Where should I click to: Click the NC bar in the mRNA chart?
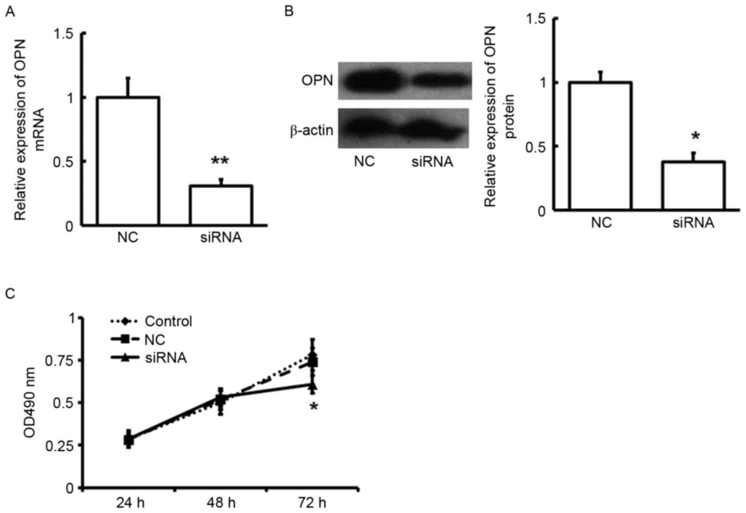tap(128, 161)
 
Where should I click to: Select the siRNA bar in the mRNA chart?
tap(221, 205)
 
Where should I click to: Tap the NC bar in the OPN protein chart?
tap(601, 146)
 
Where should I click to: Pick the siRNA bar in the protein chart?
tap(694, 185)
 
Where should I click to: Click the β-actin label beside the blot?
tap(312, 130)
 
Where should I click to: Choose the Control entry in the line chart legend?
tap(168, 321)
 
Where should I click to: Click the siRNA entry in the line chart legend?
tap(166, 357)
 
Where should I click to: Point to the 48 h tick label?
tap(221, 503)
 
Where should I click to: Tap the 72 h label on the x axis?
tap(313, 503)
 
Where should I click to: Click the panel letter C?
tap(10, 294)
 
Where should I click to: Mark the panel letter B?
tap(289, 11)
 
